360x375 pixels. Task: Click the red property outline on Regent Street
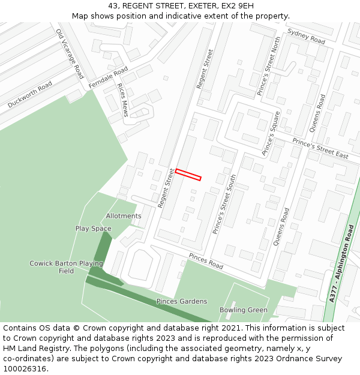pyautogui.click(x=188, y=175)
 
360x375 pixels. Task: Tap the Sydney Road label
pyautogui.click(x=306, y=36)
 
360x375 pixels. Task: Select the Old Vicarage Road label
pyautogui.click(x=70, y=54)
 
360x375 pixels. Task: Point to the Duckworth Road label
pyautogui.click(x=30, y=95)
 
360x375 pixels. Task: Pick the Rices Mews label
pyautogui.click(x=123, y=100)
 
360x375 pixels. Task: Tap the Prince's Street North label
pyautogui.click(x=269, y=66)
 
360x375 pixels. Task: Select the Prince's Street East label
pyautogui.click(x=320, y=148)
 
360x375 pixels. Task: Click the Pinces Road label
pyautogui.click(x=206, y=260)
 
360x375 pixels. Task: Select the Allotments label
pyautogui.click(x=124, y=216)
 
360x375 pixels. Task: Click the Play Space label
pyautogui.click(x=93, y=229)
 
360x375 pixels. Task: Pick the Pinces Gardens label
pyautogui.click(x=182, y=301)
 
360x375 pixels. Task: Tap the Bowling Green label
pyautogui.click(x=243, y=310)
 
